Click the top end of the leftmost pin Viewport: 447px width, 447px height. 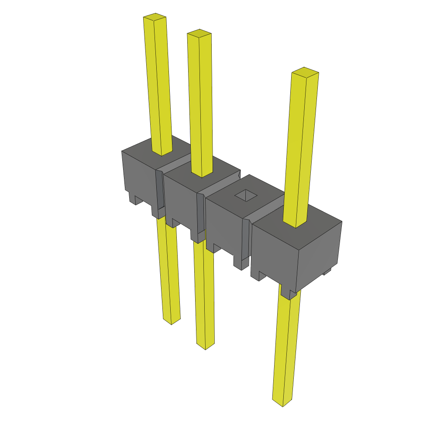click(155, 17)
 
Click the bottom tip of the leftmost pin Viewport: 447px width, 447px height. click(171, 321)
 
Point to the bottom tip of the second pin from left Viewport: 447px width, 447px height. click(205, 346)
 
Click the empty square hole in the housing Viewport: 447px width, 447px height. click(247, 195)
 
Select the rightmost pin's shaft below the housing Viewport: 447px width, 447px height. click(286, 349)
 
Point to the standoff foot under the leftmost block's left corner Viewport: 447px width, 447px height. click(133, 199)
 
